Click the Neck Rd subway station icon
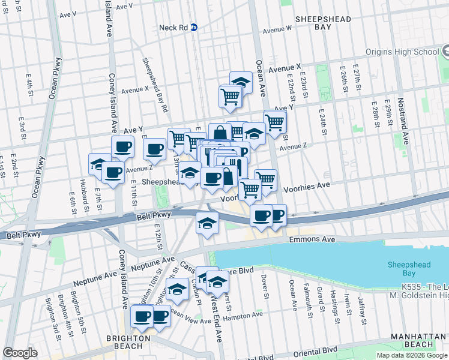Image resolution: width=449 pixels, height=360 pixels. [x=203, y=28]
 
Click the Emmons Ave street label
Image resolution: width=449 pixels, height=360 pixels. [x=312, y=239]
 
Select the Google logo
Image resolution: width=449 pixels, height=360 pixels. [x=20, y=353]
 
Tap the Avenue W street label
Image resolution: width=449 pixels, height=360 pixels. [x=277, y=28]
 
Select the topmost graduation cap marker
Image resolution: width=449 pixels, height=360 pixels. [x=241, y=81]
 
